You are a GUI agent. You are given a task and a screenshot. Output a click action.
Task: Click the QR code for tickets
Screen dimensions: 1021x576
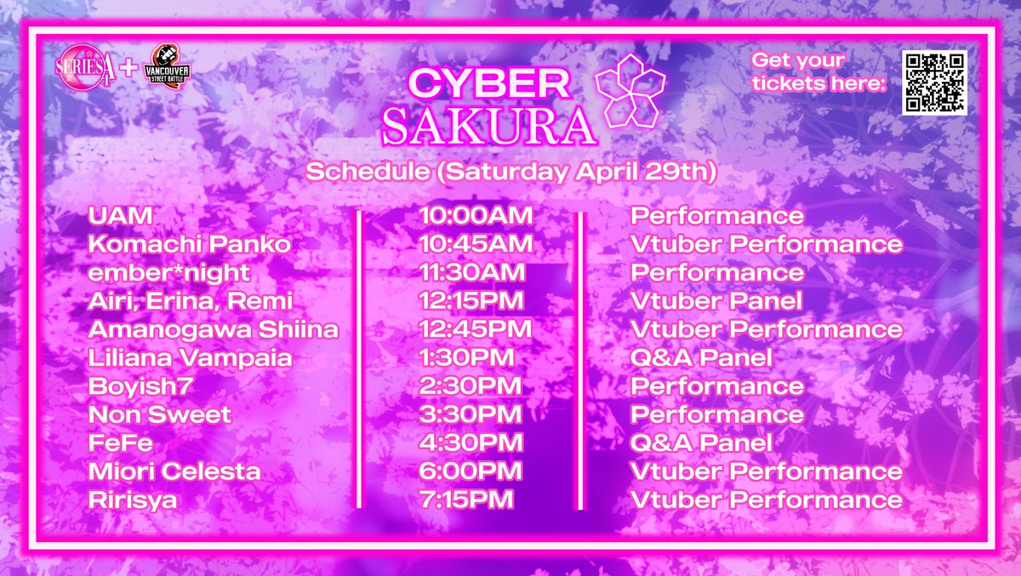click(x=934, y=83)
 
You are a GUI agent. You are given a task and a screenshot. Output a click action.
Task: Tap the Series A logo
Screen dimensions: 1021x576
click(x=85, y=67)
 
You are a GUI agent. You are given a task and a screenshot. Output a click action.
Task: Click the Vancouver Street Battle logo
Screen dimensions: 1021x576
click(x=167, y=66)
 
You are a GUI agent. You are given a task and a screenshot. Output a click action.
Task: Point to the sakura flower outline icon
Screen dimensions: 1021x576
click(x=630, y=91)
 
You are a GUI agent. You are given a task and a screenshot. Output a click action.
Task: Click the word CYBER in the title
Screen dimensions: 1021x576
click(x=489, y=83)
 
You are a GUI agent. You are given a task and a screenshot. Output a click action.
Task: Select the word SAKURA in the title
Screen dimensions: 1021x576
click(x=488, y=126)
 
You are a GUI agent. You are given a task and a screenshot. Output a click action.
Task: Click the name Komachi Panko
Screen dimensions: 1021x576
click(x=189, y=244)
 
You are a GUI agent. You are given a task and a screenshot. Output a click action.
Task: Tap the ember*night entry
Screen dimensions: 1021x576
click(x=168, y=273)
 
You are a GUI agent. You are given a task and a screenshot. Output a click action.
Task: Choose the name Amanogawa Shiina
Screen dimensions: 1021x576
click(x=214, y=329)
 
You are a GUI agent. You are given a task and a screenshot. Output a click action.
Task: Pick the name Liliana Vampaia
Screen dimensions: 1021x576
click(x=190, y=357)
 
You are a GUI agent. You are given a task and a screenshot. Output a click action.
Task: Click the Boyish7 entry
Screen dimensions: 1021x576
click(x=140, y=386)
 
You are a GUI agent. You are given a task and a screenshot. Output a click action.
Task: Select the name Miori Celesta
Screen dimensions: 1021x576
click(x=174, y=471)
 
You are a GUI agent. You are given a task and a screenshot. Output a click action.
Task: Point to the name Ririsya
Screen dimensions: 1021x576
click(x=132, y=500)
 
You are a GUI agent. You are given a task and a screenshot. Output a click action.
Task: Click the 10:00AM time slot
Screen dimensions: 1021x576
click(x=476, y=215)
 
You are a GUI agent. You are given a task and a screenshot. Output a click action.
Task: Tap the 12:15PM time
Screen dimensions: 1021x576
click(x=471, y=300)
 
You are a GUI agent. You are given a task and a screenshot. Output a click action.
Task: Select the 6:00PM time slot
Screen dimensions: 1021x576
click(x=471, y=471)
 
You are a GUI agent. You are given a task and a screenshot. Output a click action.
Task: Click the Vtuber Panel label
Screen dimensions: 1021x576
click(x=716, y=300)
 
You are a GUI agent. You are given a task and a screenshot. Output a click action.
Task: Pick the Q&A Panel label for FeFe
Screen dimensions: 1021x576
click(x=701, y=443)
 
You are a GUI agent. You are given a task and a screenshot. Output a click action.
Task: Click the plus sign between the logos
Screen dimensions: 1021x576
click(x=128, y=68)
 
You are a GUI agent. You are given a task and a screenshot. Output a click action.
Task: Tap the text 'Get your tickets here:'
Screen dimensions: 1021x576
click(x=819, y=72)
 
